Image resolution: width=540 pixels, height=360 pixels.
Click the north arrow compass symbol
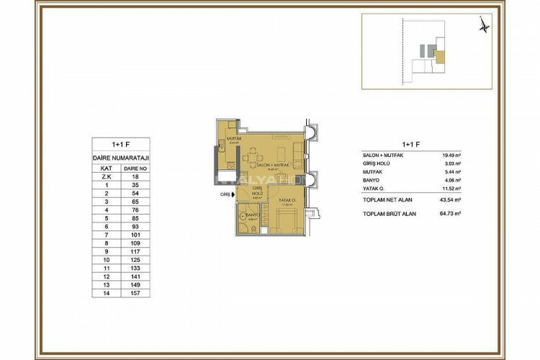485,24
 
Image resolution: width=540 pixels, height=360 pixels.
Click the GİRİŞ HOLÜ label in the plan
257,192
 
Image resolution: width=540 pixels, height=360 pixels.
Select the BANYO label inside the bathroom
252,215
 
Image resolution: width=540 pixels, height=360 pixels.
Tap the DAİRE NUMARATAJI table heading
121,157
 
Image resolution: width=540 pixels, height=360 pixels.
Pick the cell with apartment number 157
135,293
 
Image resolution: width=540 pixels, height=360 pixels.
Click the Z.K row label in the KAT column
106,175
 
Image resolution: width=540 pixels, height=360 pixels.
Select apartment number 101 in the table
135,233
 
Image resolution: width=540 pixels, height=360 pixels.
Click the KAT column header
106,166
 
